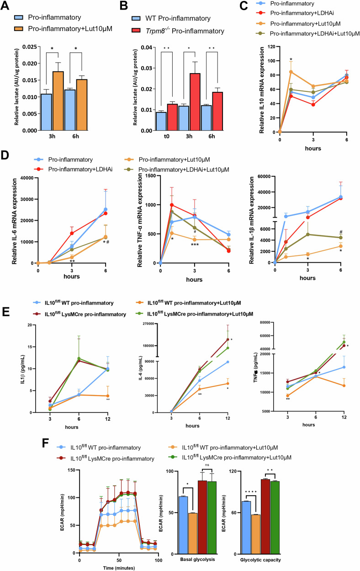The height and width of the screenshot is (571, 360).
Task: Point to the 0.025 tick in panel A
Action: (x=30, y=47)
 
